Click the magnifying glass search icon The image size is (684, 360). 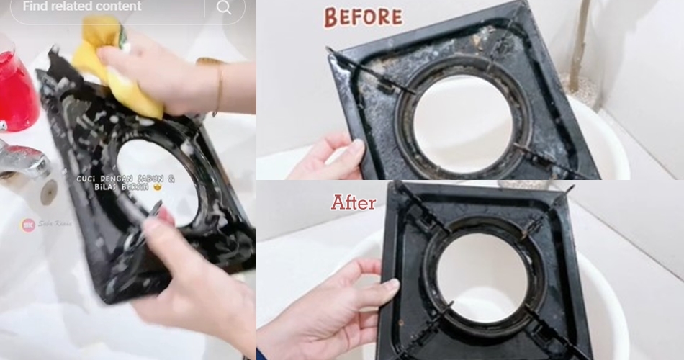pos(224,7)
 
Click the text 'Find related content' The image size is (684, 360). pos(82,6)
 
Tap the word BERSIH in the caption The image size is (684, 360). pos(130,187)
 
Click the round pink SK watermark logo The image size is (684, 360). pos(28,225)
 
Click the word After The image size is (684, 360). pos(354,203)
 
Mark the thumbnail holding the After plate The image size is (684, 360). pos(391,285)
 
